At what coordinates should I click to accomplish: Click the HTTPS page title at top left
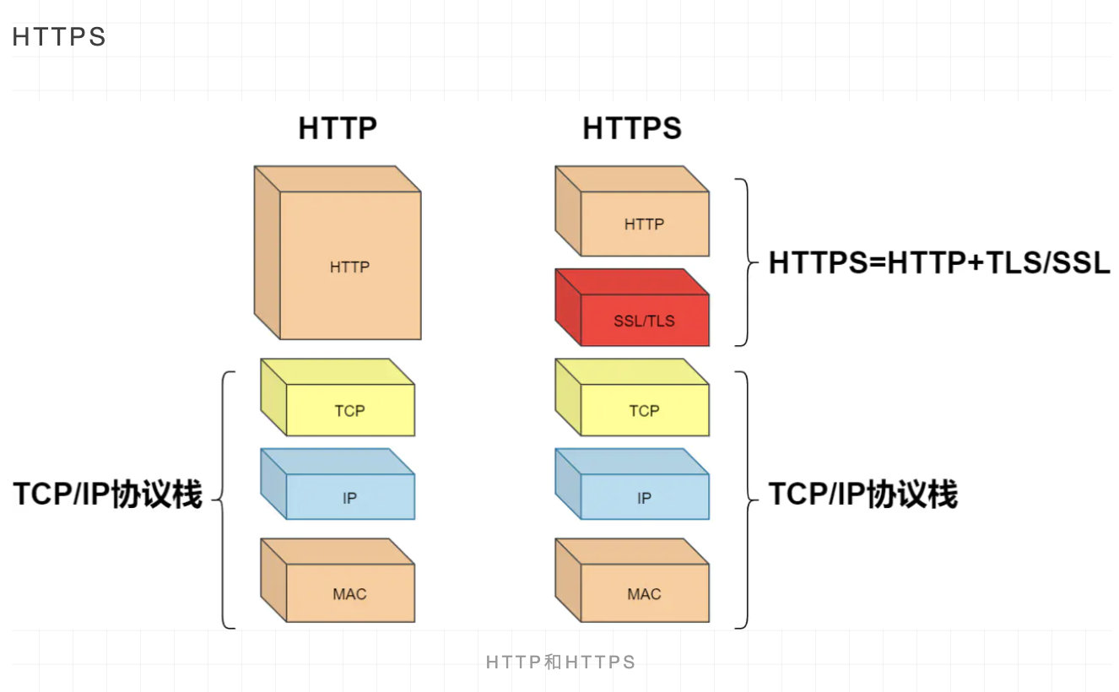pos(59,37)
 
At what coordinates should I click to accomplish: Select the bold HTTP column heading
pos(338,128)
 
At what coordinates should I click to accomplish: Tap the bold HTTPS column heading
pos(632,128)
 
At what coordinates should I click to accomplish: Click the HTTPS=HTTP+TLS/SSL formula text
pos(939,264)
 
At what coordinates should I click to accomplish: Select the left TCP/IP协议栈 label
pos(108,495)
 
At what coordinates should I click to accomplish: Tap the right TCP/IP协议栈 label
pos(862,495)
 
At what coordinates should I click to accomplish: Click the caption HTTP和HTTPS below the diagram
pos(559,662)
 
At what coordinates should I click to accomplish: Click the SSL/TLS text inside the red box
pos(644,322)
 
